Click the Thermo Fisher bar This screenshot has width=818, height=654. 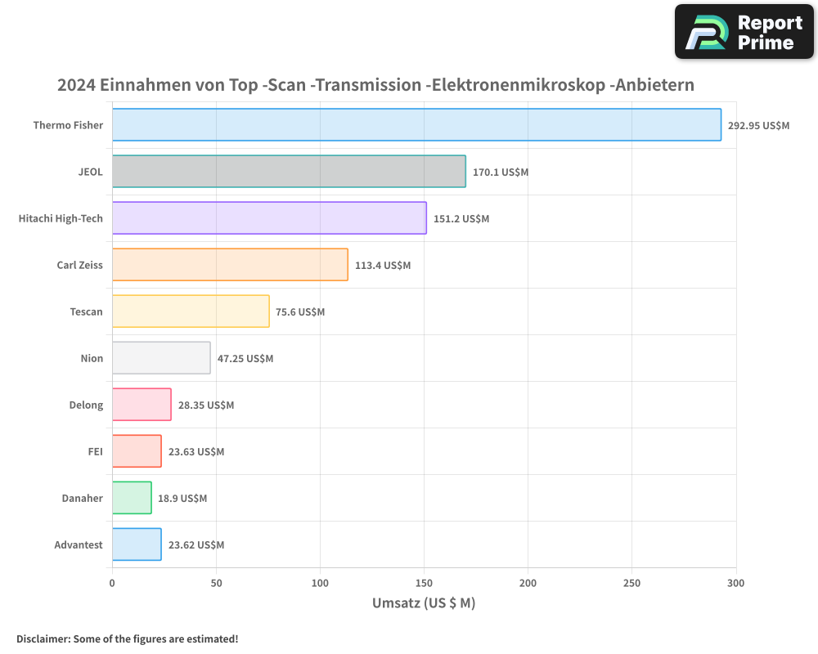[x=416, y=125]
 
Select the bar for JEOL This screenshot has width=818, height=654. [x=289, y=172]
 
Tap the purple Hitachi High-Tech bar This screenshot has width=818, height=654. [x=269, y=218]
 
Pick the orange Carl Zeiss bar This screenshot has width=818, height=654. [x=230, y=265]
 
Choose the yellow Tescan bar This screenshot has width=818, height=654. [x=191, y=311]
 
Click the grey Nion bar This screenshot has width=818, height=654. [x=161, y=358]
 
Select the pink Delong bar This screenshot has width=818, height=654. [x=142, y=405]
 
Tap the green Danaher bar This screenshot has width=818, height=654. [x=132, y=498]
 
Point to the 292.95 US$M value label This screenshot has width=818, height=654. [x=758, y=126]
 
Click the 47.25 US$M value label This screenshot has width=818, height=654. [x=245, y=359]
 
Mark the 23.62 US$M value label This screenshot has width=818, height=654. [x=196, y=545]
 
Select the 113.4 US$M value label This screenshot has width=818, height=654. [x=383, y=266]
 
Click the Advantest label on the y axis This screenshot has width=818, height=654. [x=79, y=545]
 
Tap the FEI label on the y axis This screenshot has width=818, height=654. [x=95, y=452]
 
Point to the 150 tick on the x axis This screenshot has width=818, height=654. [x=424, y=584]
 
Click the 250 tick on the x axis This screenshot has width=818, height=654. [x=631, y=584]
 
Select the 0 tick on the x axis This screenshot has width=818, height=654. [x=112, y=584]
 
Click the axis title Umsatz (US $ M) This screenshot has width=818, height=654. [x=424, y=603]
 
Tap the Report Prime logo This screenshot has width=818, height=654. [x=744, y=32]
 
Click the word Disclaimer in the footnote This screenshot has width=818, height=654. [x=43, y=639]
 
